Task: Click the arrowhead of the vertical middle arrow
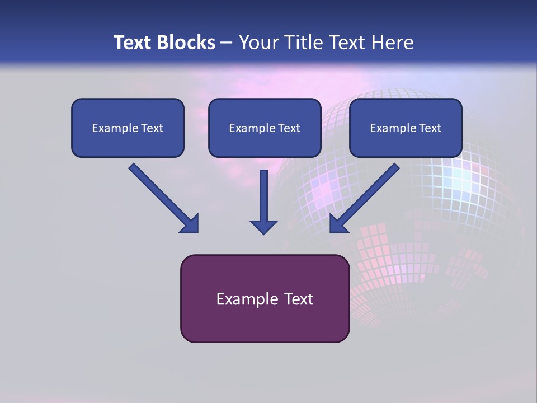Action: click(263, 226)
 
